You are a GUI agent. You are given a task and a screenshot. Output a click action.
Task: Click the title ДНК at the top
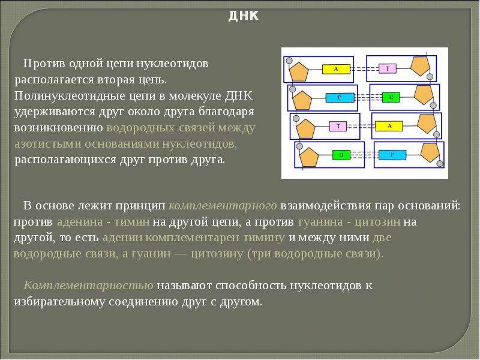tap(244, 16)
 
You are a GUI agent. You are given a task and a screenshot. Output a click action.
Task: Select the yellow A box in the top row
tap(336, 69)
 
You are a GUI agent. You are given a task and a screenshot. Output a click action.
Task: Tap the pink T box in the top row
tap(387, 68)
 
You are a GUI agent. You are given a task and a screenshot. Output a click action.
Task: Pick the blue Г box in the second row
tap(340, 98)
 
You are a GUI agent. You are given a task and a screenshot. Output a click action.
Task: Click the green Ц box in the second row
tap(391, 97)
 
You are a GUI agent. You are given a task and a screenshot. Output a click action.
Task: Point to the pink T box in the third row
tap(338, 126)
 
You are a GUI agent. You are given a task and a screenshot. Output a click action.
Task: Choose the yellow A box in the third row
tap(389, 126)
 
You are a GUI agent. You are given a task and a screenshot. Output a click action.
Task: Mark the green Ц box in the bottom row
tap(341, 155)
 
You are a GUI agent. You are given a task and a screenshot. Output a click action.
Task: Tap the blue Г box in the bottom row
tap(392, 155)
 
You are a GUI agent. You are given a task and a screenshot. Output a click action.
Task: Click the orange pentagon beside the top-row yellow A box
tap(298, 71)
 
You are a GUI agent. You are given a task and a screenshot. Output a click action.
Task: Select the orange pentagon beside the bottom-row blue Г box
tap(430, 152)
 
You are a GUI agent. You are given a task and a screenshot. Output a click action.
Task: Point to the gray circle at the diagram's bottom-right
tap(440, 163)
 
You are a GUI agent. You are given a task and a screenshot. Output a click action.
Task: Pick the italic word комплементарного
tap(223, 206)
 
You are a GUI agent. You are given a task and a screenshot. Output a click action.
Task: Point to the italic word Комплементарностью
tap(88, 286)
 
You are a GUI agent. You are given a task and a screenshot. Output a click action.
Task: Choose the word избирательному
tap(59, 302)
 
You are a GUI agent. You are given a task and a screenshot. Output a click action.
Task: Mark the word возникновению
tap(58, 128)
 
